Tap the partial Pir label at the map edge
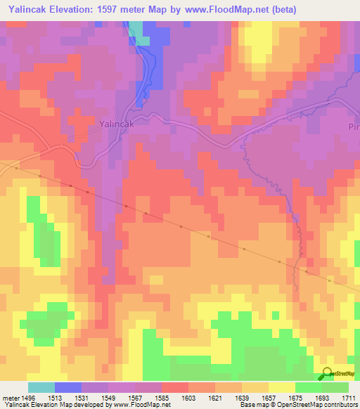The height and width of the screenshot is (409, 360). click(x=353, y=127)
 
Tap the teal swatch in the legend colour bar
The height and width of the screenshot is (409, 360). click(x=41, y=387)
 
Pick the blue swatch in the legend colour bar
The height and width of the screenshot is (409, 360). click(x=68, y=387)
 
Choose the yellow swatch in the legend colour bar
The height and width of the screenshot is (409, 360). click(x=282, y=387)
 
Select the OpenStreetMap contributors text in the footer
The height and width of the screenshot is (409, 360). click(x=324, y=405)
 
